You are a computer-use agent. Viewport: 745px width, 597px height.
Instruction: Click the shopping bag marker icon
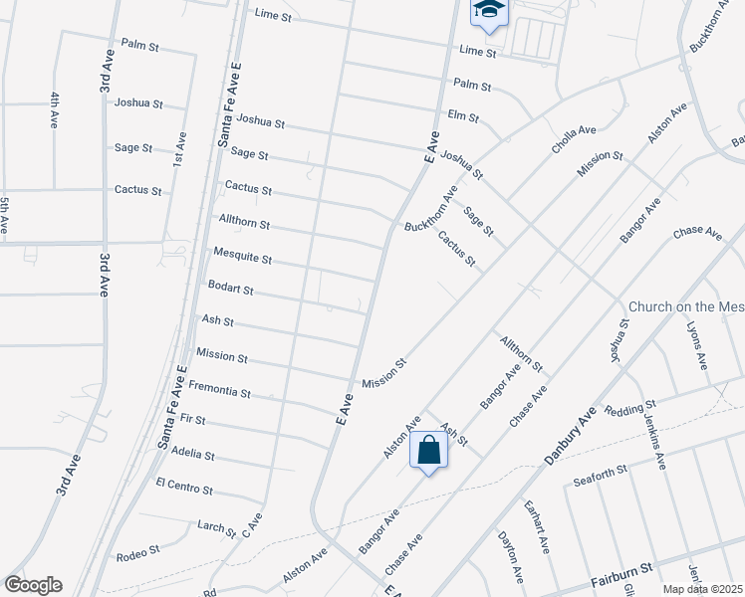pos(428,451)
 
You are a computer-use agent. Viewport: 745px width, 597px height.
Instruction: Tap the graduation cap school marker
pos(489,10)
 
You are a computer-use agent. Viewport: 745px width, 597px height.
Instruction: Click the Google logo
pos(33,585)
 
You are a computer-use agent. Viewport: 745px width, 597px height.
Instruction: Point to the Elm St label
pos(464,115)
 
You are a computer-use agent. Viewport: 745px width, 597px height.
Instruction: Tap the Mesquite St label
pos(243,257)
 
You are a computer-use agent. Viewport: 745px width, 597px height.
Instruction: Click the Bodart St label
pos(230,289)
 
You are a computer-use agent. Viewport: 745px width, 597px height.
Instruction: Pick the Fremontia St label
pos(219,389)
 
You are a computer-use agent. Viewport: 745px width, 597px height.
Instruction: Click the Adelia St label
pos(193,455)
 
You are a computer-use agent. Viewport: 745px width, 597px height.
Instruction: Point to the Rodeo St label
pos(138,554)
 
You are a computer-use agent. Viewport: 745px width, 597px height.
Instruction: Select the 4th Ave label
pos(55,110)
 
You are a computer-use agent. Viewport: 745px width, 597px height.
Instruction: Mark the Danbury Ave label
pos(571,435)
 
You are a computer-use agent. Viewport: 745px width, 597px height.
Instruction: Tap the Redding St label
pos(630,409)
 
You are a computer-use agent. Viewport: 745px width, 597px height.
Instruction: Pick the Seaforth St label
pos(599,475)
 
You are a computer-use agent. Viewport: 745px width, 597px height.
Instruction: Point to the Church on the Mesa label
pos(686,307)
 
